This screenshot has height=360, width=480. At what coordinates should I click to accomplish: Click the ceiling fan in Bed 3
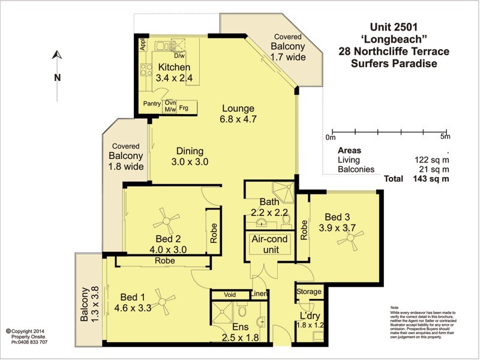[x=348, y=239]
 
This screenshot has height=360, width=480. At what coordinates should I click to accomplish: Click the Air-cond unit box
[x=269, y=243]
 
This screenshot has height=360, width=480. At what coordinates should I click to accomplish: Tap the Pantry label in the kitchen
[x=152, y=104]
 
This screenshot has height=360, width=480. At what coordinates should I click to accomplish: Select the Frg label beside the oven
[x=184, y=109]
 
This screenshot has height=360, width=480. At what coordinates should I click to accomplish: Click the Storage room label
[x=309, y=292]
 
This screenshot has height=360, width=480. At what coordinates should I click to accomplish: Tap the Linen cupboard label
[x=258, y=294]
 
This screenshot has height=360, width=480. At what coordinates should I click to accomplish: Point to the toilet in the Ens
[x=242, y=312]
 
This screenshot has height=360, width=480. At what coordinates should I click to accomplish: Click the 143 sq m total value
[x=430, y=179]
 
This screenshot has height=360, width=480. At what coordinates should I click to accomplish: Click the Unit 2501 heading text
[x=393, y=28]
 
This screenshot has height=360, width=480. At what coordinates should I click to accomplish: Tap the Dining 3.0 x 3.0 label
[x=190, y=156]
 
